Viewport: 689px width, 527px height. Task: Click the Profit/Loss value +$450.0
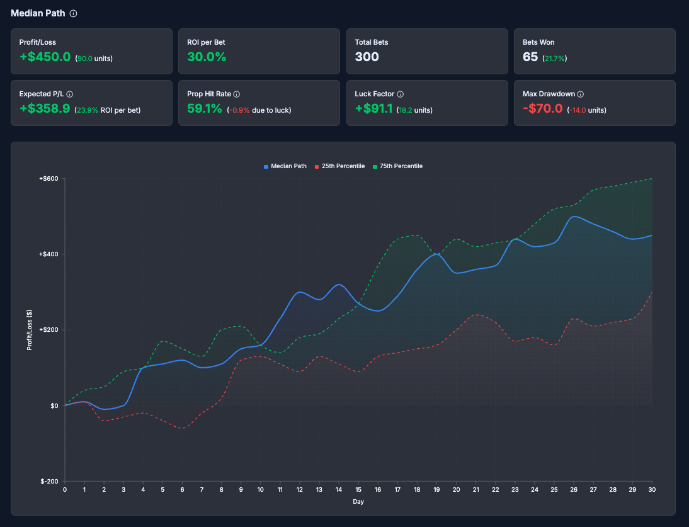click(x=45, y=57)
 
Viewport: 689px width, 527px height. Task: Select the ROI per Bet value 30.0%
click(x=207, y=57)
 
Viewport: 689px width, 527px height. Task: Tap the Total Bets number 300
click(x=367, y=57)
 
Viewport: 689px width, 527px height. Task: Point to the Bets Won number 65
click(x=530, y=57)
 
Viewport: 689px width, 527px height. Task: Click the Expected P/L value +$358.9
click(x=45, y=109)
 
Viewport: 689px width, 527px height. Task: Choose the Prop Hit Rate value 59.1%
click(x=205, y=109)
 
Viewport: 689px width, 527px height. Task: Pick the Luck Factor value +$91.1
click(x=373, y=109)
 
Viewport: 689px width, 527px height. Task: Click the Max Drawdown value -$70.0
click(x=542, y=109)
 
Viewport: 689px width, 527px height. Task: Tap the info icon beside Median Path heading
click(x=74, y=13)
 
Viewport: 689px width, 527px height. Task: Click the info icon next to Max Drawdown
click(x=581, y=94)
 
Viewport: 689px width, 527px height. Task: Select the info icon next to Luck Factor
click(x=401, y=94)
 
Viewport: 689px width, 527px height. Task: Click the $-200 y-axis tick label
click(x=49, y=481)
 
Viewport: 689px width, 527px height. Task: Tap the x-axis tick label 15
click(x=359, y=489)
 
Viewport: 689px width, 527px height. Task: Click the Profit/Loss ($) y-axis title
click(x=29, y=330)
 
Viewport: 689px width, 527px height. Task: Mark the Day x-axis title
click(x=358, y=502)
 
